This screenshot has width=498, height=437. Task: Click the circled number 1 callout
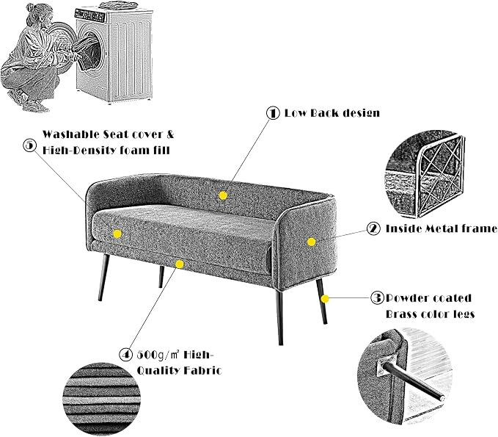tap(273, 113)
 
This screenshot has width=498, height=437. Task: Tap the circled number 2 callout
tap(373, 228)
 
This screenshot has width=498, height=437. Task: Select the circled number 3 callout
tap(377, 298)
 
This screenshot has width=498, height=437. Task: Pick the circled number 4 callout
tap(125, 355)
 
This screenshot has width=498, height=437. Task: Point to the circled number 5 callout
tap(30, 145)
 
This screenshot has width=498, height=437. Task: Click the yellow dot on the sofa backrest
tap(223, 195)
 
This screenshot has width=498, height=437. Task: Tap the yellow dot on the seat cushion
tap(117, 234)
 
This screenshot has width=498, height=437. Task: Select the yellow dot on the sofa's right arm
tap(311, 242)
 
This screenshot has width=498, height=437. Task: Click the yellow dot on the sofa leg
tap(325, 299)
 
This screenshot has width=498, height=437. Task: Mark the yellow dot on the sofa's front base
tap(180, 264)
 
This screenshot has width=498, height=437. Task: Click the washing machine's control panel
tap(91, 14)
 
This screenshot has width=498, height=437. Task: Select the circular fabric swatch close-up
tap(102, 397)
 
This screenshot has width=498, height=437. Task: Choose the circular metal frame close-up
tap(426, 176)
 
